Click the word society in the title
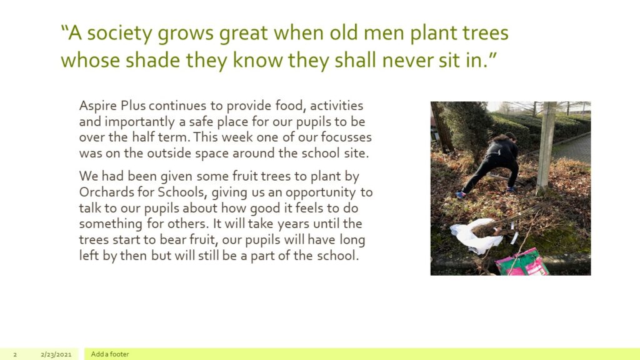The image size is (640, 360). [119, 34]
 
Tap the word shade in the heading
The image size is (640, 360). [152, 60]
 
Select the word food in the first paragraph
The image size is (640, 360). [291, 106]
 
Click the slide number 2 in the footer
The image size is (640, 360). [15, 354]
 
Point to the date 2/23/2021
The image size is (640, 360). [56, 354]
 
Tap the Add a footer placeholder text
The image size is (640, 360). [110, 354]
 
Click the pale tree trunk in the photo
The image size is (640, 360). [546, 147]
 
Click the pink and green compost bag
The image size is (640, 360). [522, 262]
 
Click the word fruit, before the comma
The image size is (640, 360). [203, 239]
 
